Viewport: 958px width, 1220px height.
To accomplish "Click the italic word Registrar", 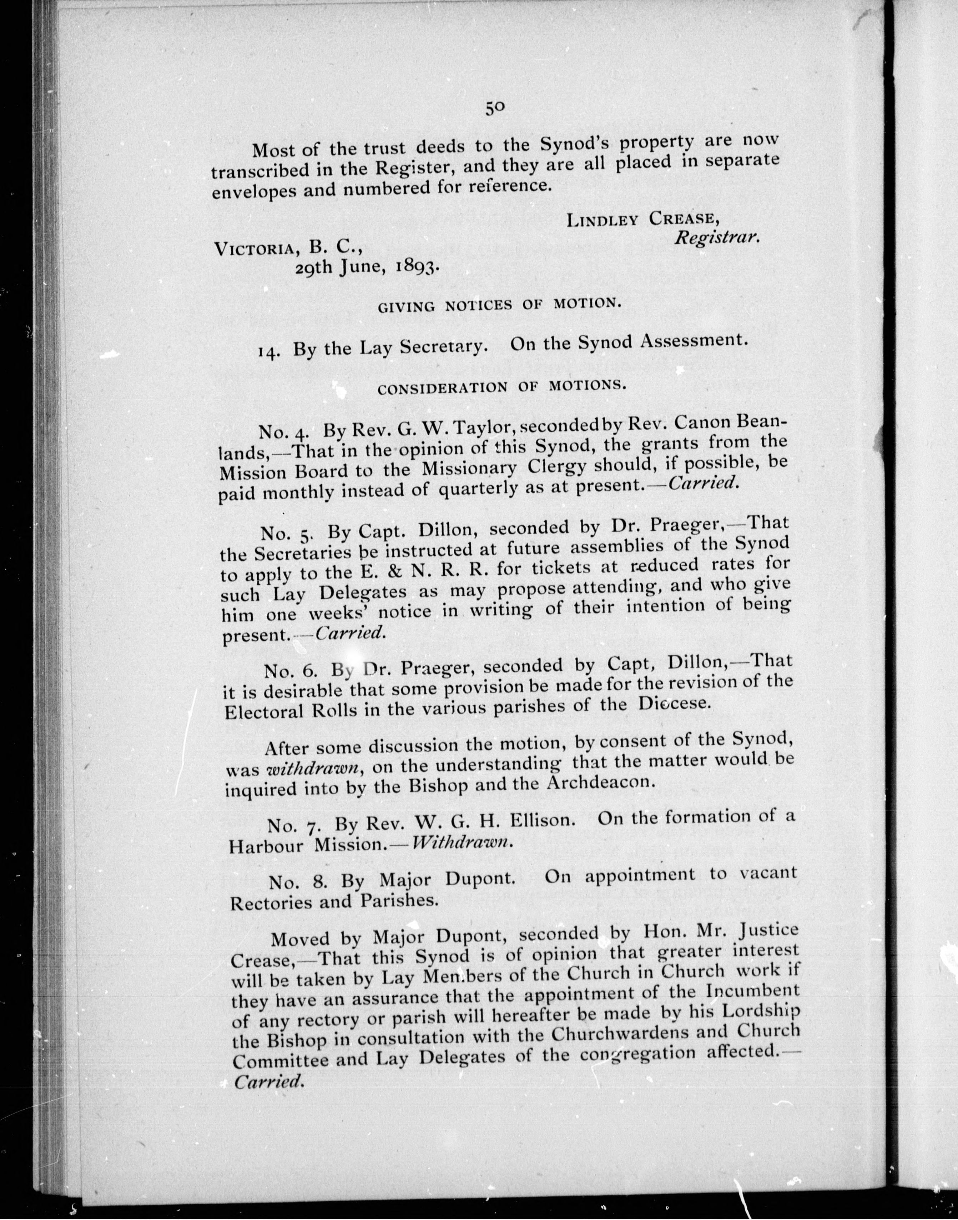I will [x=717, y=237].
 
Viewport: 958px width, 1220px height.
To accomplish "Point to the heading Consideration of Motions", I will [x=501, y=388].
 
